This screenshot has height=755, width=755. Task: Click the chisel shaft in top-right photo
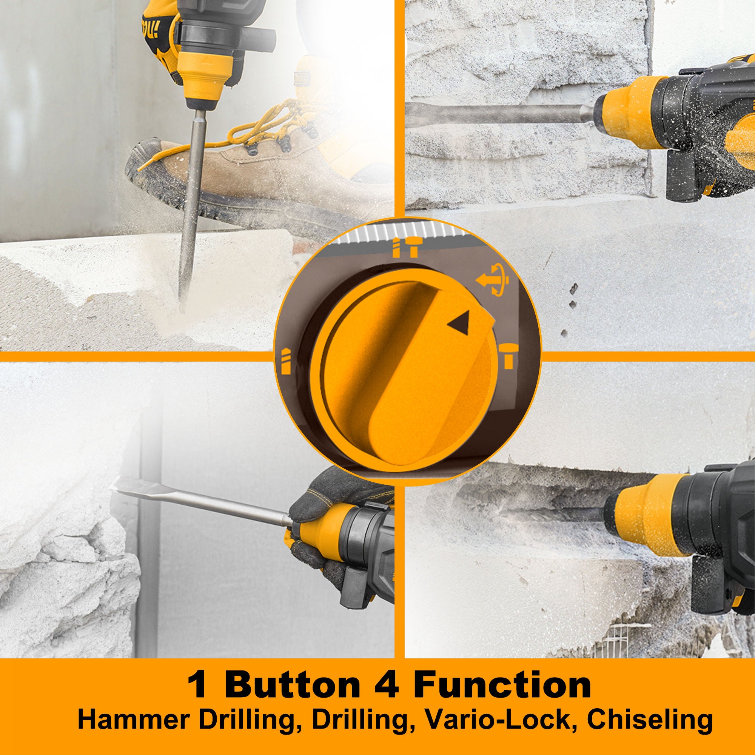click(500, 110)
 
